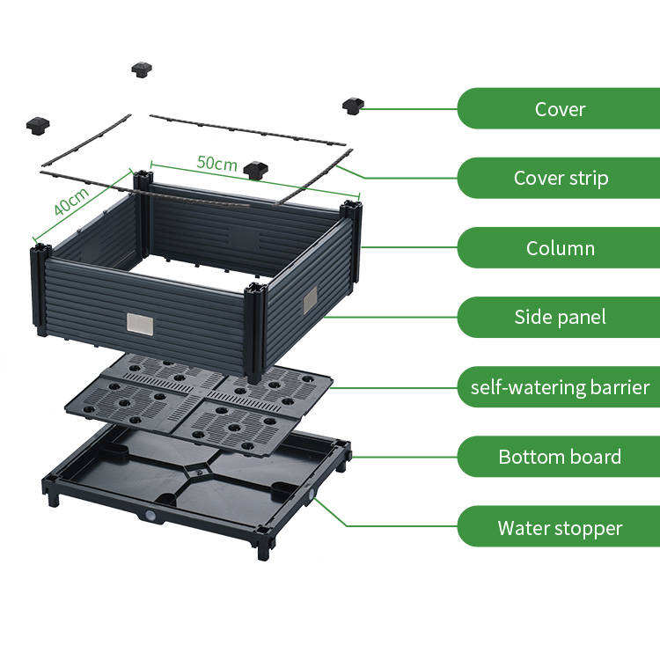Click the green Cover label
[x=560, y=109]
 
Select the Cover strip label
[x=560, y=179]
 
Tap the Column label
[x=560, y=248]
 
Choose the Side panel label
[x=560, y=318]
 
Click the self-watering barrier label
[x=560, y=387]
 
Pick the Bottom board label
[x=560, y=458]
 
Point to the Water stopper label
[x=560, y=528]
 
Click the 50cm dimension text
[x=216, y=163]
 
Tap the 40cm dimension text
[x=70, y=202]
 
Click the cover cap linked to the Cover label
[x=353, y=106]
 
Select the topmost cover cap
[x=142, y=69]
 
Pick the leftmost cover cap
[x=38, y=125]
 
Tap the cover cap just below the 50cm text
[x=256, y=170]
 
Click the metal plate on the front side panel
[x=140, y=324]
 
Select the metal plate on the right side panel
[x=310, y=300]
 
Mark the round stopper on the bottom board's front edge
[x=150, y=517]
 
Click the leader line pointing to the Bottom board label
[x=405, y=457]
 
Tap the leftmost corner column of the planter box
[x=40, y=290]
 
